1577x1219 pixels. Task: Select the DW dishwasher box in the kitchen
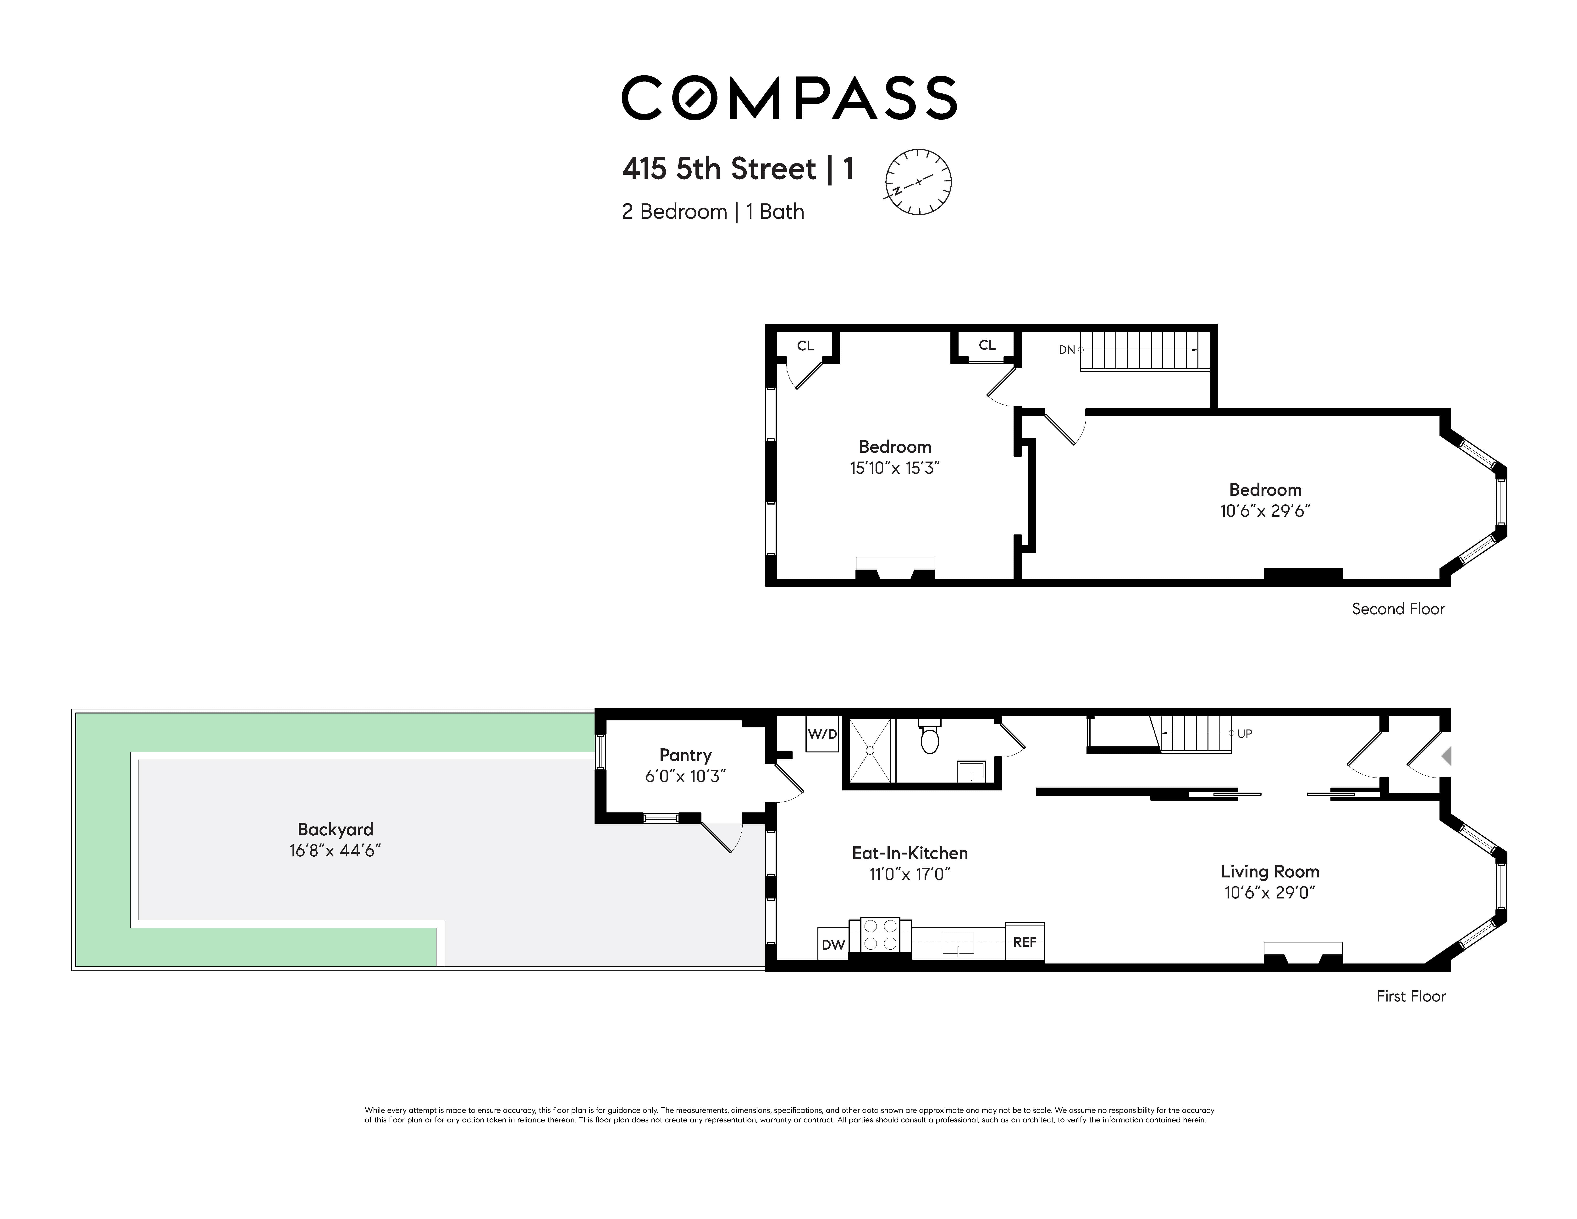833,944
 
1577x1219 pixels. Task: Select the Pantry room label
685,755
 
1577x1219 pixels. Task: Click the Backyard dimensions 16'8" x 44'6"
335,851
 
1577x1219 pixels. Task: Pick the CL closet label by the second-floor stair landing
987,345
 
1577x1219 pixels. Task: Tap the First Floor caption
1411,996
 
